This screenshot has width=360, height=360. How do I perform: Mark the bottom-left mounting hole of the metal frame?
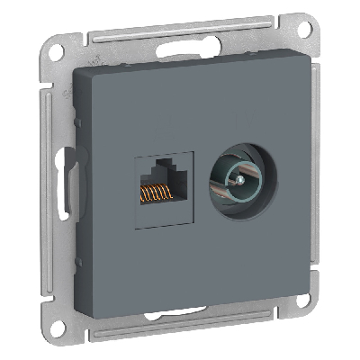tap(69, 329)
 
